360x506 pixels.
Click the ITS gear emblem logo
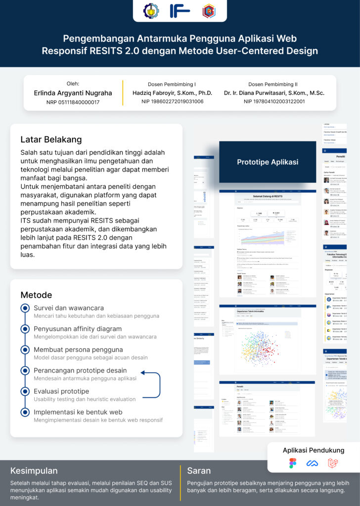pyautogui.click(x=151, y=10)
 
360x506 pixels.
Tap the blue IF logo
pyautogui.click(x=180, y=10)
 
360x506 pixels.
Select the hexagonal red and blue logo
pyautogui.click(x=209, y=11)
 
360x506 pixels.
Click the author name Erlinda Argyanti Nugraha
pyautogui.click(x=73, y=93)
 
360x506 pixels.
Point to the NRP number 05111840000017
pyautogui.click(x=73, y=102)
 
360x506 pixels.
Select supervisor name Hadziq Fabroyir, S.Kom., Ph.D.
pyautogui.click(x=172, y=93)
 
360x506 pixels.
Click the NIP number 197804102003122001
pyautogui.click(x=274, y=102)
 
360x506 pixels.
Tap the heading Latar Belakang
pyautogui.click(x=51, y=139)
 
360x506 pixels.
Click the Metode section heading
pyautogui.click(x=36, y=295)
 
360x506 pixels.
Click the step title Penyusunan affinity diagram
pyautogui.click(x=78, y=329)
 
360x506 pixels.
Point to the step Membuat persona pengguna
pyautogui.click(x=78, y=349)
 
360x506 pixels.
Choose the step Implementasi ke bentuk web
pyautogui.click(x=78, y=412)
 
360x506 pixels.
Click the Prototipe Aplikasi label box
pyautogui.click(x=267, y=162)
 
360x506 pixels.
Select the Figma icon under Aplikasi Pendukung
pyautogui.click(x=293, y=463)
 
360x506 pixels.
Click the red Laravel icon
pyautogui.click(x=333, y=463)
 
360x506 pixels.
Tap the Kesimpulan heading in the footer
pyautogui.click(x=34, y=470)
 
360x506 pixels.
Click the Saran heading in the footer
pyautogui.click(x=199, y=470)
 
